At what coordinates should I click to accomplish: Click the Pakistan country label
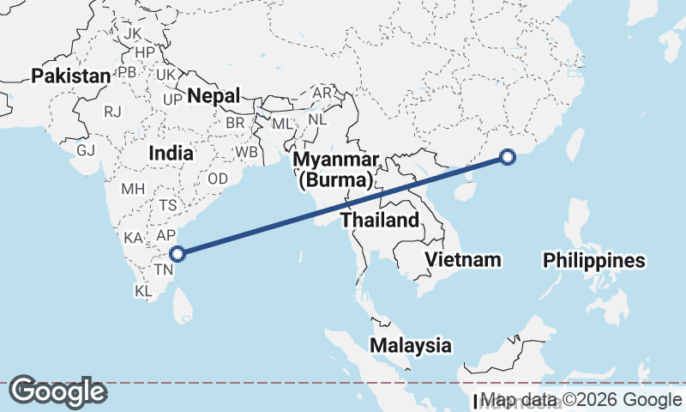pos(71,76)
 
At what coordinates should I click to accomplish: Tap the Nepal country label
pos(214,95)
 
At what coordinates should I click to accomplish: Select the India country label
pos(171,153)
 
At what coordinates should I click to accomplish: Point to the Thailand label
pos(380,220)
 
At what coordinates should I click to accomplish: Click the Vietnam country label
pos(463,259)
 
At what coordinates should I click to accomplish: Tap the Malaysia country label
pos(411,346)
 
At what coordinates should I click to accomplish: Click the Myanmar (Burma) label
pos(335,171)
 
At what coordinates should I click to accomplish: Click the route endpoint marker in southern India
pos(178,253)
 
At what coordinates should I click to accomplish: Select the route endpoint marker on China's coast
pos(508,157)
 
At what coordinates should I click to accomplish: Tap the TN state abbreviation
pos(163,270)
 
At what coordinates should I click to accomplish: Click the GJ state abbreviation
pos(86,150)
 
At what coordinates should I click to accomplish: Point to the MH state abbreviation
pos(133,189)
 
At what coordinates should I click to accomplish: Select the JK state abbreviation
pos(133,33)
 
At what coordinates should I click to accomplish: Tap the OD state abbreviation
pos(218,179)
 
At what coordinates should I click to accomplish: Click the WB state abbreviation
pos(247,152)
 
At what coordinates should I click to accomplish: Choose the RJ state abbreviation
pos(112,112)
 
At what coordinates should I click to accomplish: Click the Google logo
pos(57,391)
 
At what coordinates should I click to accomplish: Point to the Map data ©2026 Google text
pos(581,399)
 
